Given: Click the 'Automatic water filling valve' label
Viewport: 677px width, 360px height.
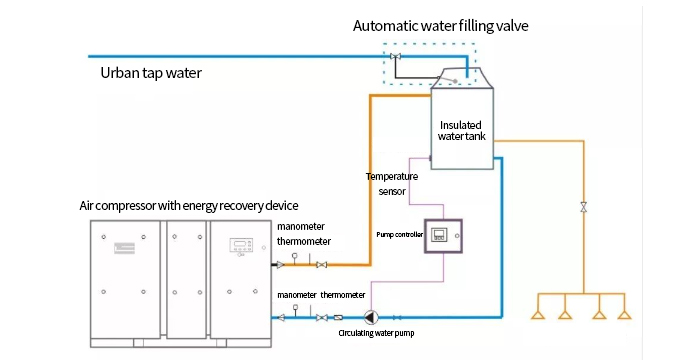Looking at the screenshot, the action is tap(440, 26).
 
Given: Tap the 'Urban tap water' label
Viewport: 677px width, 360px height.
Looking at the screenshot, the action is tap(151, 73).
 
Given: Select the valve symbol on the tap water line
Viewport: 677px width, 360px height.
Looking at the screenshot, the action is tap(395, 56).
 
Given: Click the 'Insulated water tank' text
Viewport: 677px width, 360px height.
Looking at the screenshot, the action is tap(462, 130).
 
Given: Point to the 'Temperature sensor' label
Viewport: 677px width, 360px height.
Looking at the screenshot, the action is tap(392, 184).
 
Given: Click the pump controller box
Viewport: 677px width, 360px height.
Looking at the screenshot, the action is tap(443, 236).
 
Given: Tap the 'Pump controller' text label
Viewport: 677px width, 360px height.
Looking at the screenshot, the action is tap(399, 234).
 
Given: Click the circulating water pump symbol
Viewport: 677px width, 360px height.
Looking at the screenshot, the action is tap(370, 317).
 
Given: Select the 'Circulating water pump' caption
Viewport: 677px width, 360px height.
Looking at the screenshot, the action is tap(376, 333).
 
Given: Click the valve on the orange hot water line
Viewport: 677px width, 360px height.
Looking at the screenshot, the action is tap(321, 265).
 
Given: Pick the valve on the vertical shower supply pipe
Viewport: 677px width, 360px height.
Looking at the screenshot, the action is tap(584, 207).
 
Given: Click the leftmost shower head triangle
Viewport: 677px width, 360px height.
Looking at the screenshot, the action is tap(538, 315).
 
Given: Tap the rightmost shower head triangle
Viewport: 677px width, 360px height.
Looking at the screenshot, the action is tap(624, 315).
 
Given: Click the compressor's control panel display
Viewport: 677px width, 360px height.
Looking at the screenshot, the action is tap(241, 245).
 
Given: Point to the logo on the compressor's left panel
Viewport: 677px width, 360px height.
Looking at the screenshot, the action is tap(124, 248).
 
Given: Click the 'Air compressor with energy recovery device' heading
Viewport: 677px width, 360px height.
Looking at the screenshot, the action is tap(189, 205).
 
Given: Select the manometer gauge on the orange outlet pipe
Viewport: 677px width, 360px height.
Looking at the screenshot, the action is tap(294, 256).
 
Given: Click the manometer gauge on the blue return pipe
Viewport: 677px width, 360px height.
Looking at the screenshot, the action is tap(295, 308).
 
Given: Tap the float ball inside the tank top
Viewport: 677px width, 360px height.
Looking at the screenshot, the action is tap(455, 81).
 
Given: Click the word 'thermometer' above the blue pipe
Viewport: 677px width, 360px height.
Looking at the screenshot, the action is tap(343, 295).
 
